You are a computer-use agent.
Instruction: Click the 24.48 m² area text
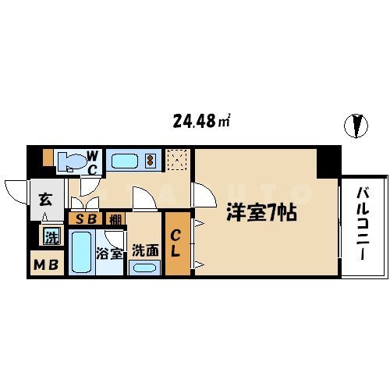[200, 122]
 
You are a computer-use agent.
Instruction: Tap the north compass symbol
[358, 125]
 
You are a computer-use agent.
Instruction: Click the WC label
[91, 162]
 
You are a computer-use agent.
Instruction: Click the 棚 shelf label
[115, 219]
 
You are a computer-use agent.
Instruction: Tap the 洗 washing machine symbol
[51, 236]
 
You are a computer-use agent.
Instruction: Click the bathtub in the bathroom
[80, 252]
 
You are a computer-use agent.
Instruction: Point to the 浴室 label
[108, 254]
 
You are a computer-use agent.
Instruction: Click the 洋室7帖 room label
[261, 211]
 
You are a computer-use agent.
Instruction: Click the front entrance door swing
[17, 190]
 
